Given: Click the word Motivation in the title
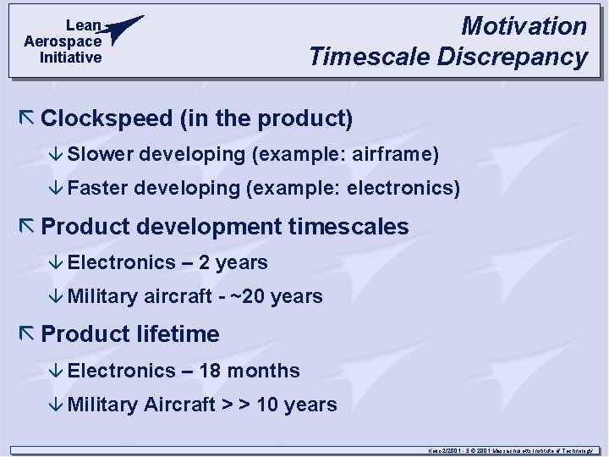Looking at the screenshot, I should [524, 26].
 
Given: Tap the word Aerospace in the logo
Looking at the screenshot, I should [63, 41].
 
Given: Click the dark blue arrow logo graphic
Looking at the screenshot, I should [124, 28].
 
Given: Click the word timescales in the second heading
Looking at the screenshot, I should [348, 227].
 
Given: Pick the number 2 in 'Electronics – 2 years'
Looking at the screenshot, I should [205, 262].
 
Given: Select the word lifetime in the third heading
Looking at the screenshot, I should [178, 334].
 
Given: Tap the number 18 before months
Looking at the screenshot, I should [210, 371].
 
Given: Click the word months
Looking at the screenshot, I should [263, 371].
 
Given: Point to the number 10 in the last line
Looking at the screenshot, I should [267, 405].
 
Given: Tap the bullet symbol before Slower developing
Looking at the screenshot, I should [57, 155].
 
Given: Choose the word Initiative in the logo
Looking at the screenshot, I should [71, 58].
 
